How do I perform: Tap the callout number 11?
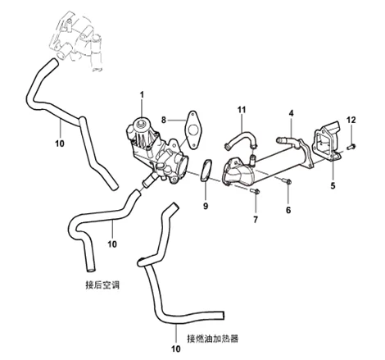click(242, 109)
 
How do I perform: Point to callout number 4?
click(290, 112)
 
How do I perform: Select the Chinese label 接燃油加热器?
click(212, 338)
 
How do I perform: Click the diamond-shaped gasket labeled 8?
click(193, 129)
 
